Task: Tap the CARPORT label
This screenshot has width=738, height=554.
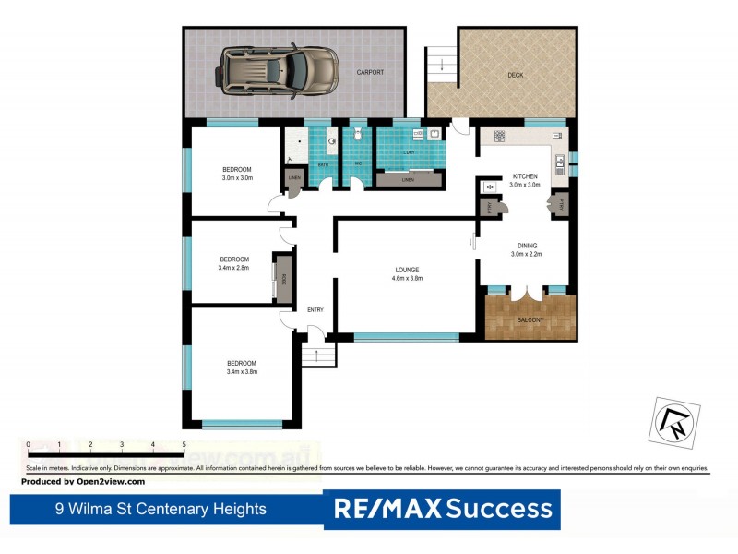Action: click(370, 72)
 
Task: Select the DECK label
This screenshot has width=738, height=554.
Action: click(517, 75)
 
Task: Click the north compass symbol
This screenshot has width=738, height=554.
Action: click(672, 419)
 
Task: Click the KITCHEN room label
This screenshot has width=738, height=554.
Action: click(525, 176)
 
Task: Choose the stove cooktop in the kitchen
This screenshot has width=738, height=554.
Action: click(499, 136)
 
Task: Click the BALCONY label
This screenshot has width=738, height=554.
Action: click(530, 319)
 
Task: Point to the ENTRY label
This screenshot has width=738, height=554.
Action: click(315, 309)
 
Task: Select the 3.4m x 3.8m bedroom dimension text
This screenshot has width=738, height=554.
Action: click(241, 372)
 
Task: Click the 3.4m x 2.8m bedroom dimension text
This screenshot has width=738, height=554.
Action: click(234, 268)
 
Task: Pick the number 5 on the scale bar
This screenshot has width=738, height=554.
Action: click(184, 445)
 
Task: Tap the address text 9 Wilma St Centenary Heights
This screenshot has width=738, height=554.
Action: click(160, 509)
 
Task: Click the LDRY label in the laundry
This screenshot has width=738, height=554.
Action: click(409, 151)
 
